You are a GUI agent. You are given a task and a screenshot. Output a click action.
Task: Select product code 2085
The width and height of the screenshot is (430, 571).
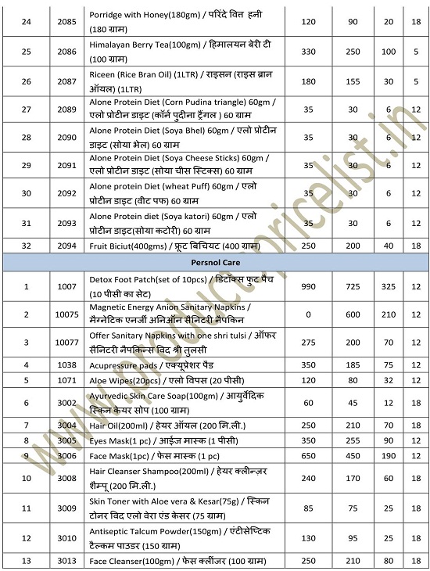tap(67, 21)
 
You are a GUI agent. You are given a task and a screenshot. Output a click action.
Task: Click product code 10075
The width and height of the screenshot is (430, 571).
tap(67, 314)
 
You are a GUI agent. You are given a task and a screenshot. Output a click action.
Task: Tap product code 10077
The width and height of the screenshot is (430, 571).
tap(67, 343)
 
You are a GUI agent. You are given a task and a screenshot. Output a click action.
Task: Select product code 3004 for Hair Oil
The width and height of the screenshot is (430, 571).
tap(67, 425)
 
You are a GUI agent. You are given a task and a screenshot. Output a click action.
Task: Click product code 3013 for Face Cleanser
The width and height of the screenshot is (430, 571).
tap(67, 559)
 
